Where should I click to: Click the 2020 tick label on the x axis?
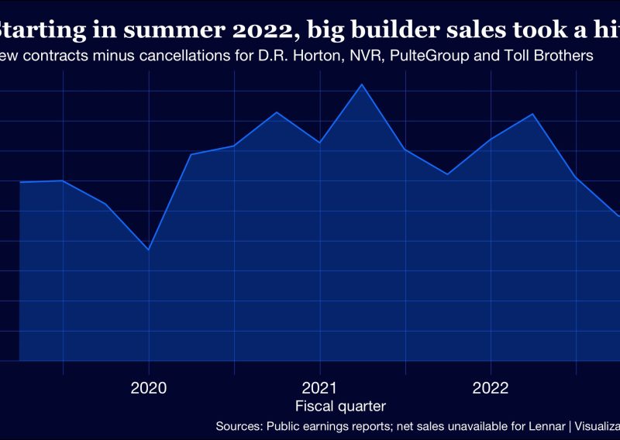pos(149,387)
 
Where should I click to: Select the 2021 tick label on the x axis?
pos(319,387)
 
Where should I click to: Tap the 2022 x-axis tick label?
pos(491,387)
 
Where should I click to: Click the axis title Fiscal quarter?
pos(341,406)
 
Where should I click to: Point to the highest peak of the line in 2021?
pos(362,84)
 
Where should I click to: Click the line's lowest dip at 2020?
pos(148,249)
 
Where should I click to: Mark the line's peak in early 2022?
pos(532,114)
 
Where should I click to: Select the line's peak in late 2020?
pos(277,112)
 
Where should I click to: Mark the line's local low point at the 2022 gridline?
pos(491,139)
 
